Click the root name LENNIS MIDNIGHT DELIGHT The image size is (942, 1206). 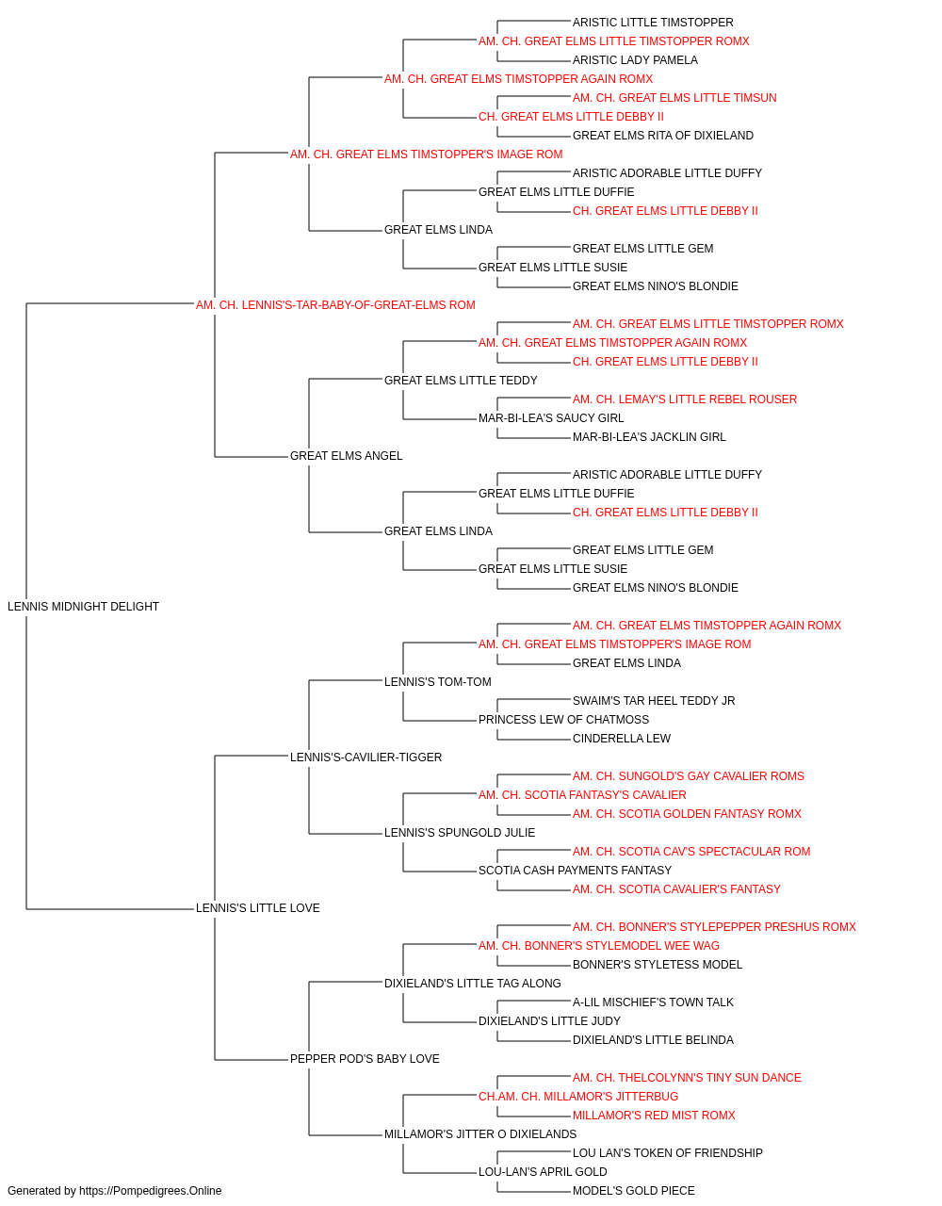pos(83,607)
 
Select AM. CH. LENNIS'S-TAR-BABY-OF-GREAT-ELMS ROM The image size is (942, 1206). pos(335,305)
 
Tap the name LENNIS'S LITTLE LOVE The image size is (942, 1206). pos(257,908)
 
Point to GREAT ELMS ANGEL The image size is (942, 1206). pos(346,456)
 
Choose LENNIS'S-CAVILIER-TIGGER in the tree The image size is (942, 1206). pos(365,758)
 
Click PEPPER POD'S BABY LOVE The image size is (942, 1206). pos(365,1059)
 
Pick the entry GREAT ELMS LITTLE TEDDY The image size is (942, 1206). pos(461,381)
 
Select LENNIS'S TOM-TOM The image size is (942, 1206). pos(438,682)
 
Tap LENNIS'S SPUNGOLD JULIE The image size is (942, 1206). pos(460,833)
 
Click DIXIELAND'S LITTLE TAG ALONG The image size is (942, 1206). pos(473,984)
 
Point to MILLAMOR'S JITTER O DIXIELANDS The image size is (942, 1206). pos(480,1134)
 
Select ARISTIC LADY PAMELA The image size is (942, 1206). pos(635,60)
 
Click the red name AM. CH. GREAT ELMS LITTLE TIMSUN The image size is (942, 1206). pos(674,98)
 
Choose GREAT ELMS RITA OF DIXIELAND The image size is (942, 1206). pos(663,136)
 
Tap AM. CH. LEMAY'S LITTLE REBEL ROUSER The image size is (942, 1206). pos(685,399)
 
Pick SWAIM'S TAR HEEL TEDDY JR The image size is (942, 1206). pos(654,701)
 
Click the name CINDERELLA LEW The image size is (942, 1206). pos(622,739)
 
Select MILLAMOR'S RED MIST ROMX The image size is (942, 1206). pos(654,1116)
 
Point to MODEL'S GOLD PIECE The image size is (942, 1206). pos(634,1191)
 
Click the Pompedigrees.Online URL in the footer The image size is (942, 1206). pos(150,1191)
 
